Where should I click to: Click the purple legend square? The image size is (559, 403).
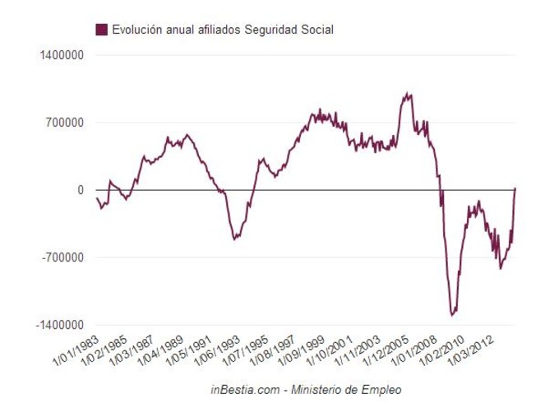[x=102, y=30]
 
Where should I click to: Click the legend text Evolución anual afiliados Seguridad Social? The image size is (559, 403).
[x=222, y=30]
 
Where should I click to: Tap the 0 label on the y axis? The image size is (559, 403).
[x=81, y=190]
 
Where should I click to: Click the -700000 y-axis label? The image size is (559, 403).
[x=62, y=257]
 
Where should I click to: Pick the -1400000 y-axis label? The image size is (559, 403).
[x=59, y=325]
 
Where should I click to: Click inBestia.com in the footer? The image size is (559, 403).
[x=243, y=387]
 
